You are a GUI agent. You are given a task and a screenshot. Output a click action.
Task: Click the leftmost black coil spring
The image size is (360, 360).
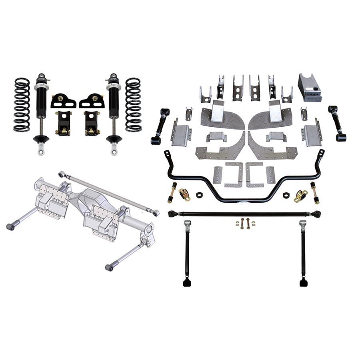point(22,105)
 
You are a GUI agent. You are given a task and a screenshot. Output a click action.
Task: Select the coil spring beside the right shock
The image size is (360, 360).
point(133,105)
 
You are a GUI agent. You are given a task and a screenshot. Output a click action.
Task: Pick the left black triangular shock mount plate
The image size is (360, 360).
point(63,101)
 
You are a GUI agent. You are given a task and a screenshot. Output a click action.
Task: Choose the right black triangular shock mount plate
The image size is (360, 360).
point(92,101)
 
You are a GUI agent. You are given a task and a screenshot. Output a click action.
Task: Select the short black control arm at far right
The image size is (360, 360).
point(337,123)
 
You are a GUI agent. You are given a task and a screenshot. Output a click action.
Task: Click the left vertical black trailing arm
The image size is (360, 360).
point(187,252)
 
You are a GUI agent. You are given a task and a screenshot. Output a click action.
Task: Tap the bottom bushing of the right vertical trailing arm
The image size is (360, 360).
point(304,283)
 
